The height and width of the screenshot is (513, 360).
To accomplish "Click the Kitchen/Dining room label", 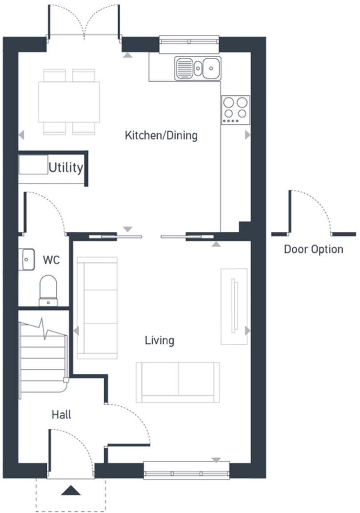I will [161, 135].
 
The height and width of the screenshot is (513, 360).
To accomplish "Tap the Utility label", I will [65, 168].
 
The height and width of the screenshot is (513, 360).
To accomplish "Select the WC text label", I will [51, 260].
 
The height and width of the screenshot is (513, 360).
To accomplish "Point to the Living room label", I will [159, 341].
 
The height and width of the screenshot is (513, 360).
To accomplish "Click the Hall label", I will [61, 415].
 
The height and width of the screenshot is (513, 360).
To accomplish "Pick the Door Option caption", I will [314, 249].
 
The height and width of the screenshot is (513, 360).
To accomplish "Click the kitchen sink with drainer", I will [198, 68].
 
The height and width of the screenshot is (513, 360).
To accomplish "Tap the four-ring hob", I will [235, 110].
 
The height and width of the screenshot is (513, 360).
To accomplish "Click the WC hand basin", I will [27, 259].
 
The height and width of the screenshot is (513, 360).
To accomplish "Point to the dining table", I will [69, 102].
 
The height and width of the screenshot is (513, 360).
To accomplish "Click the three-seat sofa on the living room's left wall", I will [97, 308].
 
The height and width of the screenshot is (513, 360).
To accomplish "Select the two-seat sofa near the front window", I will [178, 382].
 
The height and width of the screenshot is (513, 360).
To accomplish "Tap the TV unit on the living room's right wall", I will [234, 306].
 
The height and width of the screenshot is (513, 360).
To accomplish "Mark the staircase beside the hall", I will [43, 356].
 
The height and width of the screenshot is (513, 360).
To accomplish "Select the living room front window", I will [187, 470].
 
